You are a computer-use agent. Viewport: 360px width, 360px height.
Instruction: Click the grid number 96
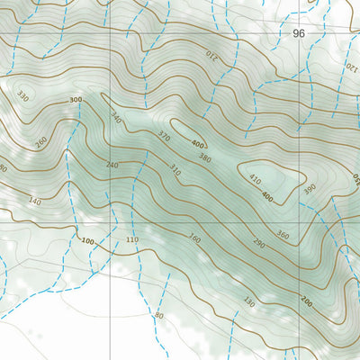(x=300, y=32)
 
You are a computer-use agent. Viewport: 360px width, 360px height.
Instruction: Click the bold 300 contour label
(x=76, y=100)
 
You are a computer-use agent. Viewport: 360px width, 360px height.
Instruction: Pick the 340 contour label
(x=116, y=119)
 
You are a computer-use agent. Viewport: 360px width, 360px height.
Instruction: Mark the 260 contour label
(x=40, y=141)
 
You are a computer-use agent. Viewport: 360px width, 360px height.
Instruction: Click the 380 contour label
(x=205, y=158)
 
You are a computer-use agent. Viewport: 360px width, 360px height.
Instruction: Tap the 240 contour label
(x=112, y=165)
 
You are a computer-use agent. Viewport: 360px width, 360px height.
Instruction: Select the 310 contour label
(x=175, y=170)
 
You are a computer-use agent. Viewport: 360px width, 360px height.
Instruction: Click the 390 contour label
(x=310, y=190)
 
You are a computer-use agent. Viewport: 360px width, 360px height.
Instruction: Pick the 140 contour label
(x=35, y=201)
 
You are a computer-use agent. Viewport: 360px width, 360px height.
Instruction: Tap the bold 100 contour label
(x=86, y=241)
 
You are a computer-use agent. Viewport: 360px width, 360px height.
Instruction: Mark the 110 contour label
(x=132, y=240)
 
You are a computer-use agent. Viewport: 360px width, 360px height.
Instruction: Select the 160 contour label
(x=193, y=239)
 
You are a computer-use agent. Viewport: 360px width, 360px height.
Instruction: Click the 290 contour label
(x=258, y=244)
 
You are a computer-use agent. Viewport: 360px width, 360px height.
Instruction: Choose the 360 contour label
(x=283, y=236)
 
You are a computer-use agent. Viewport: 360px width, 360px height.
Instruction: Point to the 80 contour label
(x=159, y=316)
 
